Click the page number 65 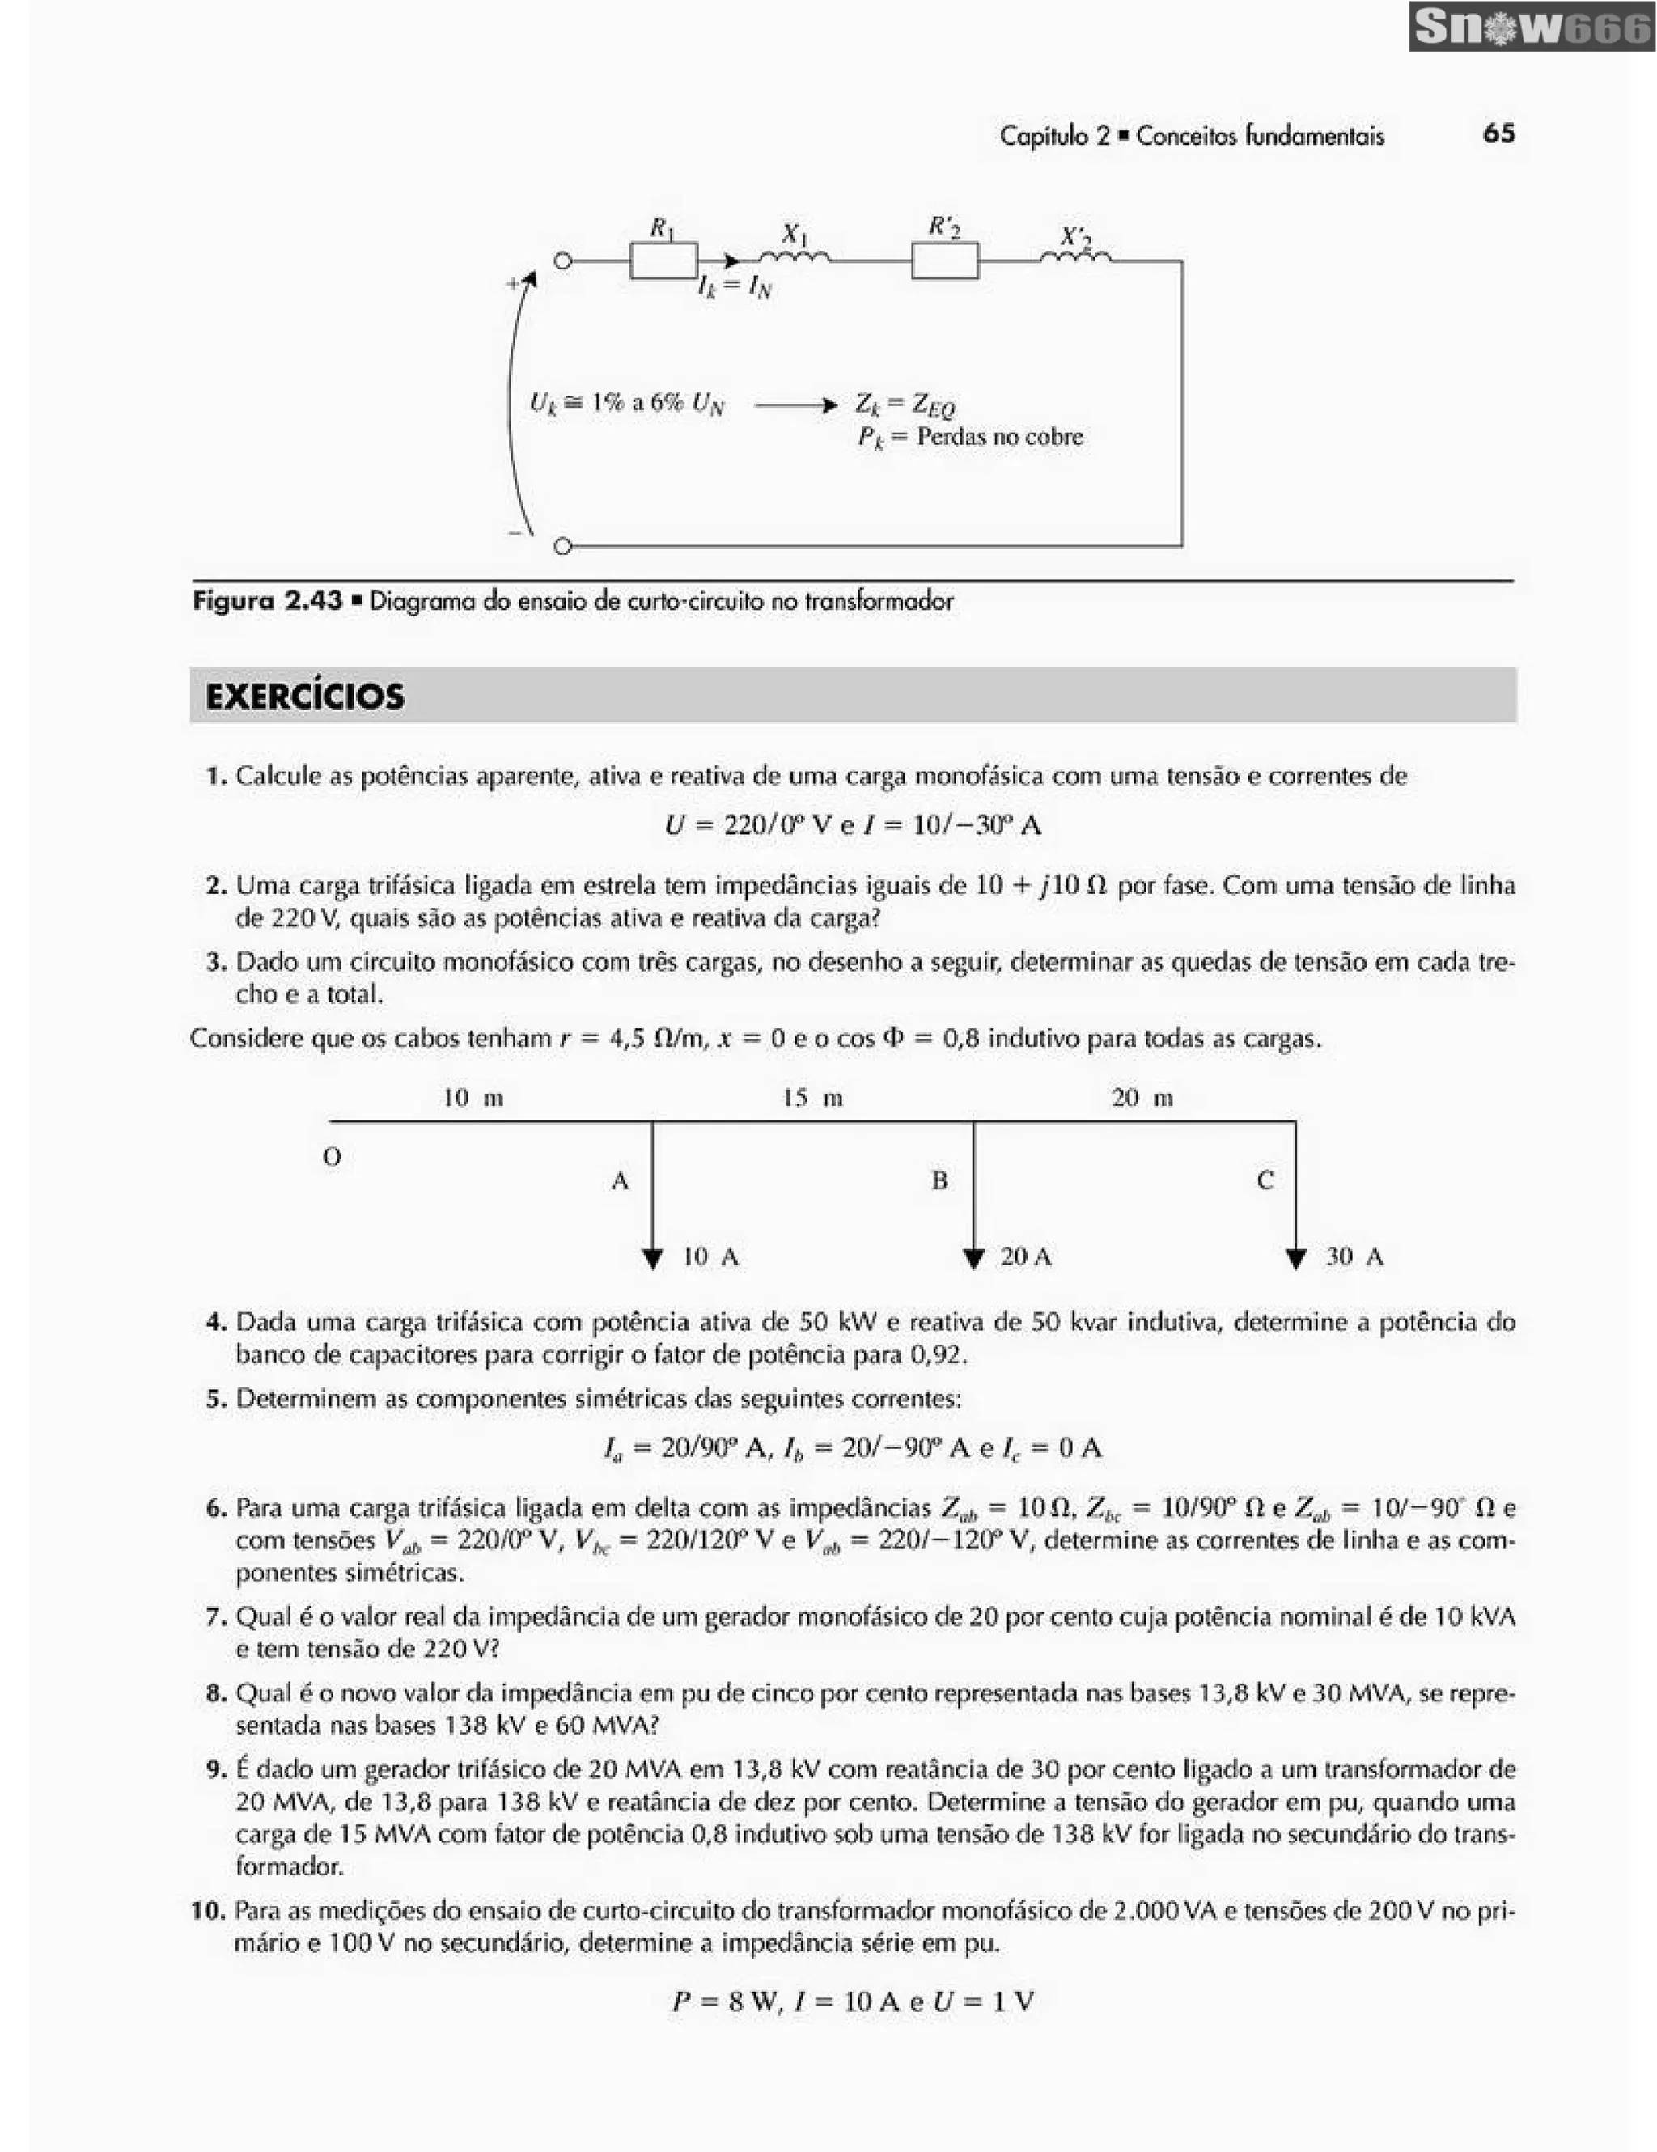[1498, 134]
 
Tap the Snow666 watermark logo [1531, 28]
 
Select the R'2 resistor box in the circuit [943, 261]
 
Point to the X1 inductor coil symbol [796, 257]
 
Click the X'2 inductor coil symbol [1076, 257]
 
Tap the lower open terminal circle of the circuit [562, 546]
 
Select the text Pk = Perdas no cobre [969, 437]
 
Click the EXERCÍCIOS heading [304, 696]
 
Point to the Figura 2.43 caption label [267, 601]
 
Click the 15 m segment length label [813, 1098]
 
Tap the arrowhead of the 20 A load [973, 1260]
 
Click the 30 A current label [1354, 1256]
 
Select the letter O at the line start [332, 1157]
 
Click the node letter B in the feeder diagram [940, 1180]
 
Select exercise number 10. [208, 1911]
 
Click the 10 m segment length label [474, 1098]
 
